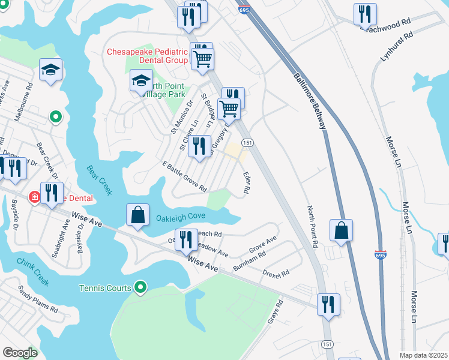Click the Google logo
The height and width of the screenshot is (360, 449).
pos(19,353)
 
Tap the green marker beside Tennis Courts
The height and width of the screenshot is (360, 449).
pos(140,289)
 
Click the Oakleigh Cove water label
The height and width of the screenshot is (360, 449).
pos(181,216)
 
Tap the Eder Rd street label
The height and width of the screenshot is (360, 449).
pos(246,182)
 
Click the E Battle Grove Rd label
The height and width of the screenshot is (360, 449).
pos(184,176)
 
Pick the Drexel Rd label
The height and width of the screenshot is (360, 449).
pos(276,272)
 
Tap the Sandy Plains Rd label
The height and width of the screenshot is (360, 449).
pos(37,301)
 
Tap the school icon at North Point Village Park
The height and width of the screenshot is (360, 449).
pos(142,81)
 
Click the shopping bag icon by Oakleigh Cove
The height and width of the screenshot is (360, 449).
pos(137,214)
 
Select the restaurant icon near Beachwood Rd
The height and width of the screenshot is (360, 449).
pos(365,14)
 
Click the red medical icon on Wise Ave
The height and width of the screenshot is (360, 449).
pos(35,197)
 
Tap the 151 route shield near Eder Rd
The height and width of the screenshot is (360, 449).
pos(247,142)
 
